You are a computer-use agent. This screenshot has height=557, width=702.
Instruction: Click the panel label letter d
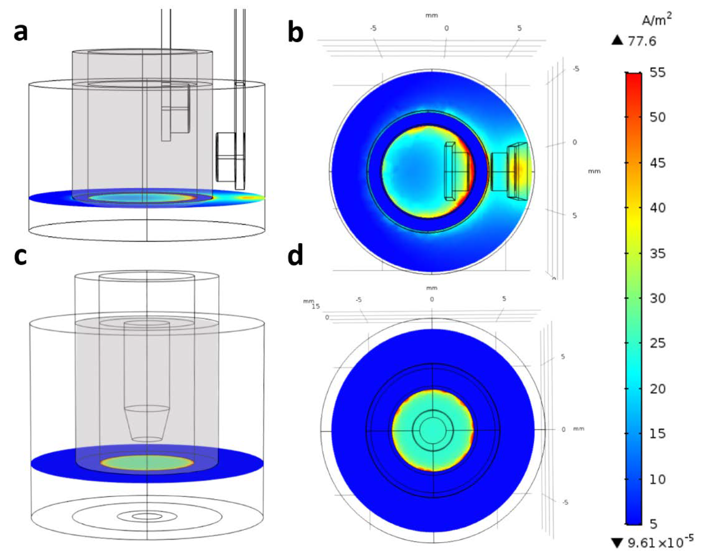tap(296, 254)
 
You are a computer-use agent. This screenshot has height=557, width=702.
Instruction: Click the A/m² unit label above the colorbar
tap(656, 20)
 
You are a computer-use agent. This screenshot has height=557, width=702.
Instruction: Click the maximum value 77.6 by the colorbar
tap(642, 41)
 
